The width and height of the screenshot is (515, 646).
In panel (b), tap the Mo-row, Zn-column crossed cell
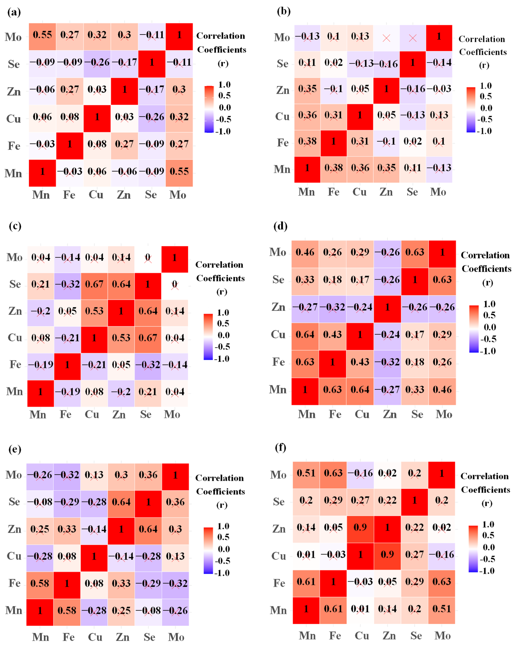click(386, 38)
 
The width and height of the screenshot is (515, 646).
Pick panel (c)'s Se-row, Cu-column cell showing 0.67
click(94, 284)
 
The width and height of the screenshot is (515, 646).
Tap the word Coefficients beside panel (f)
click(485, 490)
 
